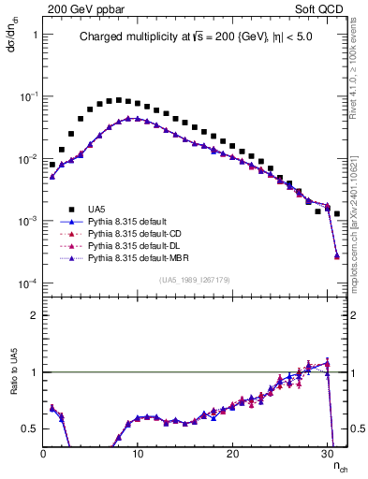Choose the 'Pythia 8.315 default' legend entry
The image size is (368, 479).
[132, 222]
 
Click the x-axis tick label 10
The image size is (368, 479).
[138, 453]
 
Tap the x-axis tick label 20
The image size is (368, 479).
[232, 453]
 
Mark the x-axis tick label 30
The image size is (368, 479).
[327, 453]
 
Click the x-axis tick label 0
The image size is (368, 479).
[43, 453]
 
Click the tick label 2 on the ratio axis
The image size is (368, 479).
[33, 315]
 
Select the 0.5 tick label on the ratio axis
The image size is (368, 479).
[29, 428]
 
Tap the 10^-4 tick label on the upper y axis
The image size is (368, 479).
[25, 283]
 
